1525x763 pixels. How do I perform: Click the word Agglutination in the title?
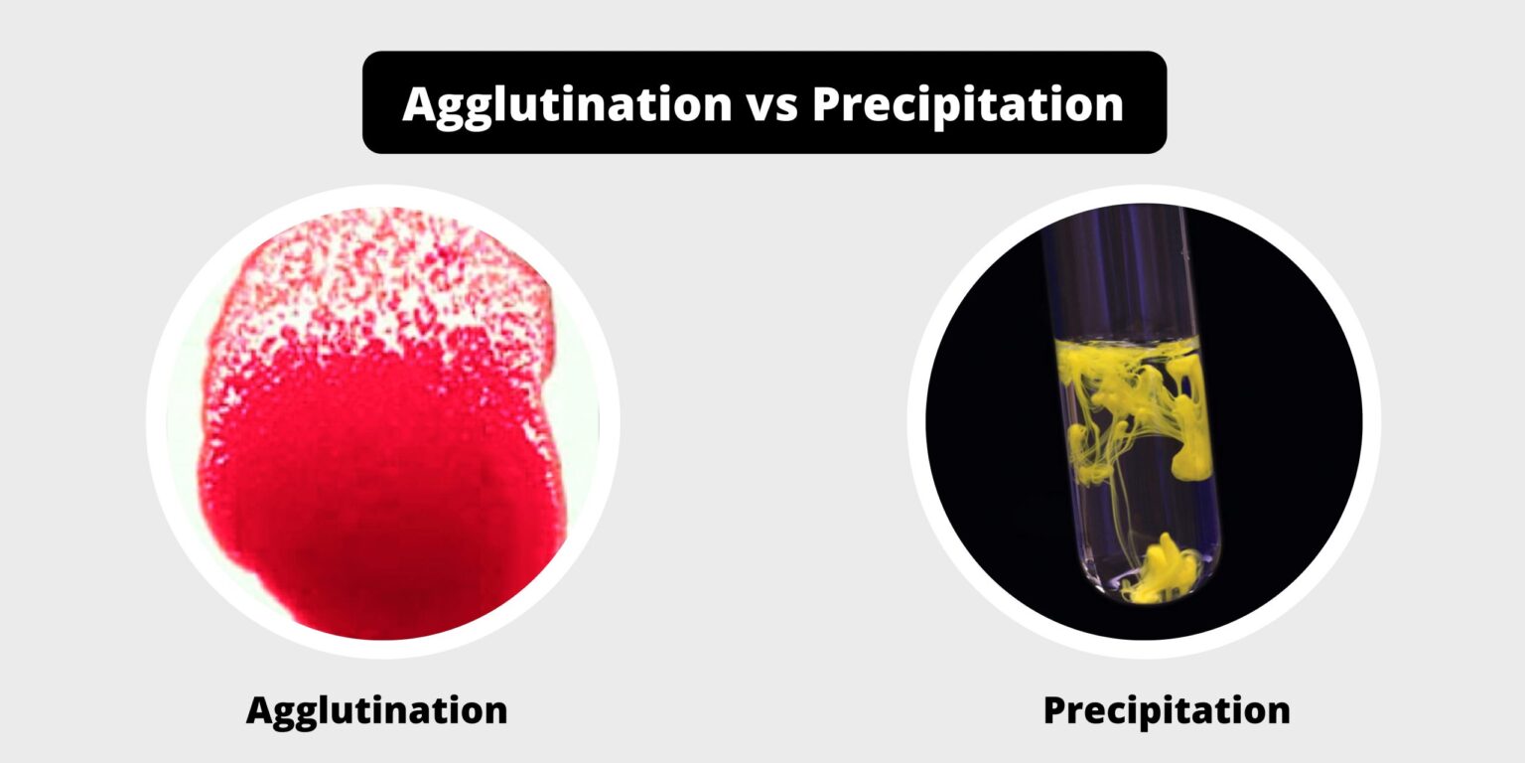[567, 103]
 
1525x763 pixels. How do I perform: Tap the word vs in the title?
[771, 103]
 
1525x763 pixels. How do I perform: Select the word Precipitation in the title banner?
[968, 103]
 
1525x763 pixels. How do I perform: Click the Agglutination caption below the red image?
[376, 710]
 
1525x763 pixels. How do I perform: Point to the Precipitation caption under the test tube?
[1167, 710]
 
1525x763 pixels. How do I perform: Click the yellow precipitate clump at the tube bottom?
[1162, 571]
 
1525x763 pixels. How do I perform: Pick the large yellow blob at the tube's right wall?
[1191, 437]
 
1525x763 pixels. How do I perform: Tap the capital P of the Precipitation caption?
[1054, 710]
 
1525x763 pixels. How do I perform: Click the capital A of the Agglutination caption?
[260, 710]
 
